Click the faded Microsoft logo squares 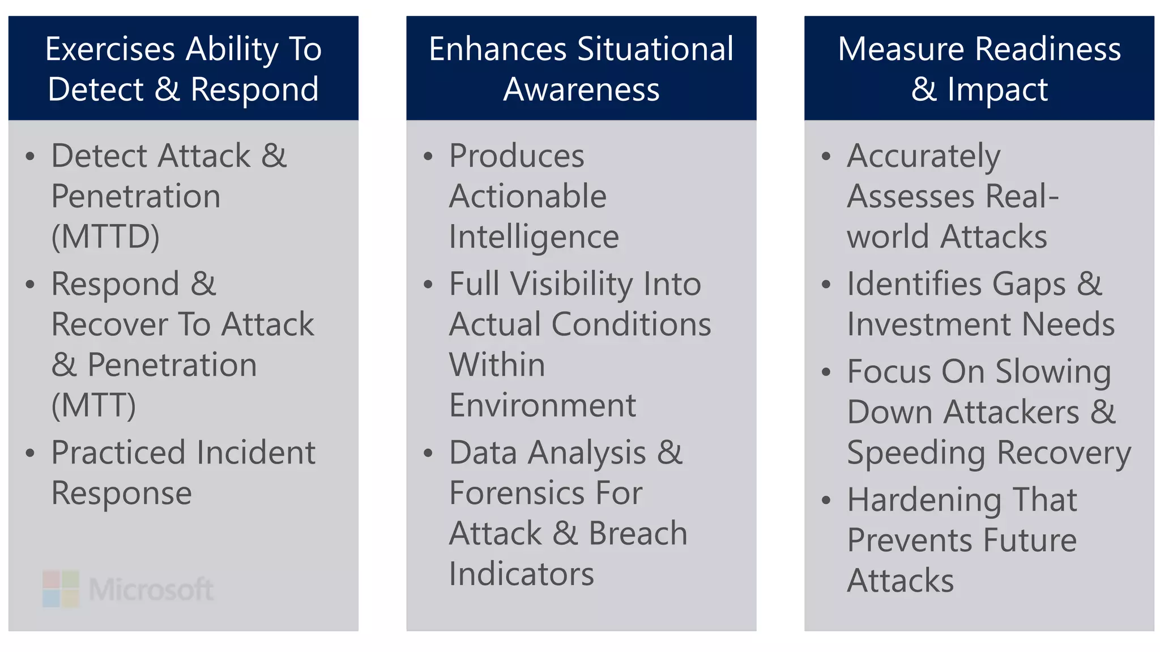pos(61,589)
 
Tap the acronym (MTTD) pos(105,237)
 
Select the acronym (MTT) pos(93,405)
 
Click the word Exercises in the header pos(110,49)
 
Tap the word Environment pos(542,405)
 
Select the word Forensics pos(516,493)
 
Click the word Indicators pos(521,574)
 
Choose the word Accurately pos(923,157)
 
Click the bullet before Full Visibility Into pos(428,284)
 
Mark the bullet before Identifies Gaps pos(826,284)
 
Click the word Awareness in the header pos(581,90)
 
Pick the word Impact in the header pos(997,90)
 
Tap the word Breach pos(638,534)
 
